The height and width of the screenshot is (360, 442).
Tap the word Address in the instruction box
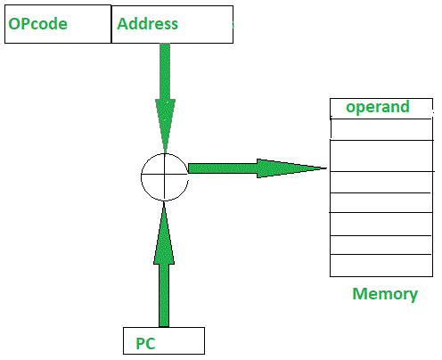tap(148, 24)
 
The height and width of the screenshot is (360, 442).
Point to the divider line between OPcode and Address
tap(112, 24)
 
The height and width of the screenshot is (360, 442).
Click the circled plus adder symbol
tap(165, 175)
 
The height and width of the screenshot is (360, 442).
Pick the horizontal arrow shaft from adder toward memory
tap(223, 168)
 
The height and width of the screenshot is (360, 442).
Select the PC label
tap(146, 343)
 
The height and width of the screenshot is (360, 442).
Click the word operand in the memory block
tap(377, 108)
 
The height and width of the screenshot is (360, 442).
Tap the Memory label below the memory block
tap(385, 294)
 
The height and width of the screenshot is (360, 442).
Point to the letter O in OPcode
tap(14, 24)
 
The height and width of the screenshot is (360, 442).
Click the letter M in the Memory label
tap(359, 294)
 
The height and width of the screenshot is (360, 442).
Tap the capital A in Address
tap(123, 24)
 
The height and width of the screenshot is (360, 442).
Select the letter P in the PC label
tap(141, 343)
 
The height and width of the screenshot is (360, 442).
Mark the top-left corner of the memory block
tap(331, 99)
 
